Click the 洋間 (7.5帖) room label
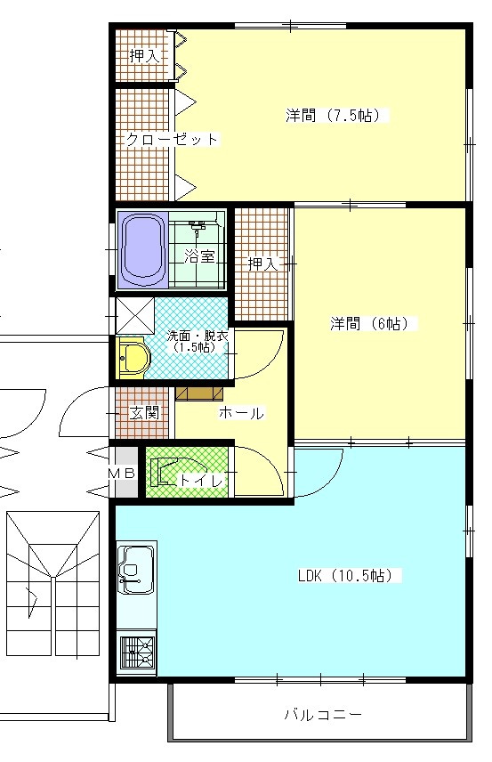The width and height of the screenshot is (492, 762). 338,116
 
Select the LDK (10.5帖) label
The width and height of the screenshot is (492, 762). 350,576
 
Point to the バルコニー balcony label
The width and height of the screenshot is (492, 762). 323,715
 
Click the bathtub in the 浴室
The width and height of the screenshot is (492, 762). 142,250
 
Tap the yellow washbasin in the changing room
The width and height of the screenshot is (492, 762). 133,358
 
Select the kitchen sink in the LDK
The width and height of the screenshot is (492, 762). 137,570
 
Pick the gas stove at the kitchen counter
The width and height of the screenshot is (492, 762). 138,653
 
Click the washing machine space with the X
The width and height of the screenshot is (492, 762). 135,316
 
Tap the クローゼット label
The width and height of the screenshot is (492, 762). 173,140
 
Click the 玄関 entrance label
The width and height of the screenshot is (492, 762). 144,413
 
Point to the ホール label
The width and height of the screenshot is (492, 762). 241,414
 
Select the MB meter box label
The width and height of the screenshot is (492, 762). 121,473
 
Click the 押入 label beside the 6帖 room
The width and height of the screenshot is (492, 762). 262,263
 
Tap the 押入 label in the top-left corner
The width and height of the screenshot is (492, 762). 145,56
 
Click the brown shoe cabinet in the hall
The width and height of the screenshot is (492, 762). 199,393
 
